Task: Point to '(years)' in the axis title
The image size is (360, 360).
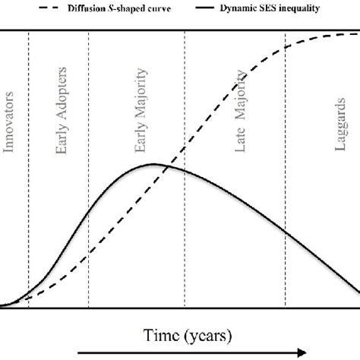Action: pyautogui.click(x=206, y=333)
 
